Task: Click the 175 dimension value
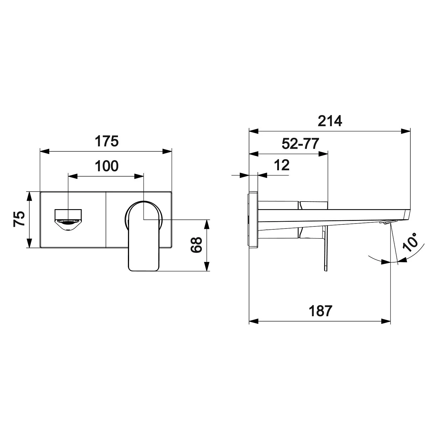click(106, 141)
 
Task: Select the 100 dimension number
click(106, 166)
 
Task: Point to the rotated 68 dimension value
click(196, 245)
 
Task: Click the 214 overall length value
click(330, 121)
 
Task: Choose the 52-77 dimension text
click(300, 144)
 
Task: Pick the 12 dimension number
click(282, 165)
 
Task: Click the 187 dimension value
click(320, 311)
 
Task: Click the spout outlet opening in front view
click(68, 220)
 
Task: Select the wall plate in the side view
click(253, 220)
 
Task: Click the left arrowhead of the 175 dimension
click(44, 151)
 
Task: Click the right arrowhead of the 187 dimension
click(386, 321)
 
